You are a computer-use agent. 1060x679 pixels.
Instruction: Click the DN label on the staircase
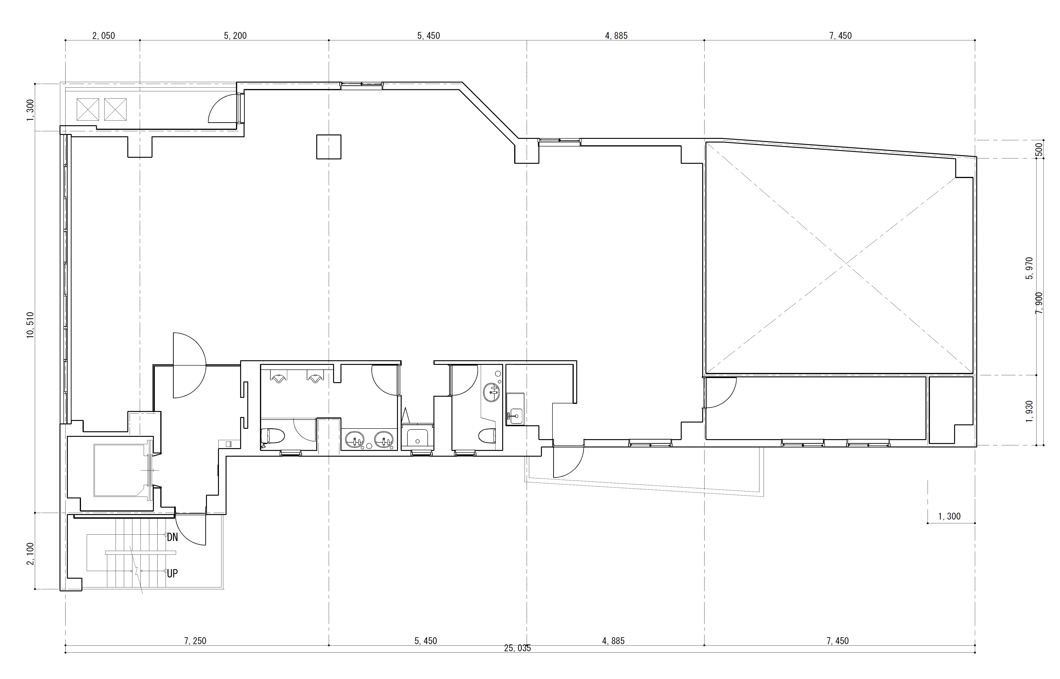172,537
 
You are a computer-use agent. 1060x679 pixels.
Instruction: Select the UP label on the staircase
172,574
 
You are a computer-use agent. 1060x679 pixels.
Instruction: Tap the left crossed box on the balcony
88,109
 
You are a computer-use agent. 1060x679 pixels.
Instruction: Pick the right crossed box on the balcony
115,109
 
